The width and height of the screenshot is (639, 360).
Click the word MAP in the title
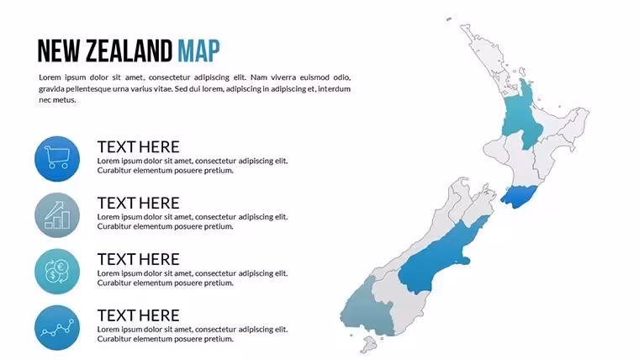(198, 51)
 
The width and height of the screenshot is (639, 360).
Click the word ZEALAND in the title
(129, 51)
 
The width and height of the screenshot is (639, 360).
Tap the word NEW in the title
(59, 51)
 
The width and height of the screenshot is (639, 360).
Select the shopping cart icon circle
(57, 159)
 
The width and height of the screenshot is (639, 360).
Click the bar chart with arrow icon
(57, 214)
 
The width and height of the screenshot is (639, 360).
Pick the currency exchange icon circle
(57, 272)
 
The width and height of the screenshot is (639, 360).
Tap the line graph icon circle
(57, 328)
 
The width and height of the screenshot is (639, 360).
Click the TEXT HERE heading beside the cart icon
(138, 146)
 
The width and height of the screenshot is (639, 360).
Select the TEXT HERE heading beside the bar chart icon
(138, 203)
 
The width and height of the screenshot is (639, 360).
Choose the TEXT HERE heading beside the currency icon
(138, 259)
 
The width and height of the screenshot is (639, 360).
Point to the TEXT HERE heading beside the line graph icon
(138, 315)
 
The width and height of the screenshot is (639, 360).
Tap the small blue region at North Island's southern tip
(519, 197)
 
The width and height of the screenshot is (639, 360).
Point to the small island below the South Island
(369, 345)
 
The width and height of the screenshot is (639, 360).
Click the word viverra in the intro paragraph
(283, 77)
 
